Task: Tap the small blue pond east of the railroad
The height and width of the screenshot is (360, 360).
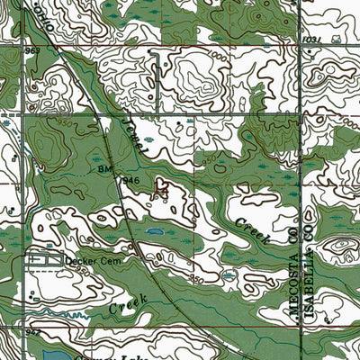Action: (154, 231)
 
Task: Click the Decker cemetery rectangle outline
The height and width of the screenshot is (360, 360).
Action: (45, 259)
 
